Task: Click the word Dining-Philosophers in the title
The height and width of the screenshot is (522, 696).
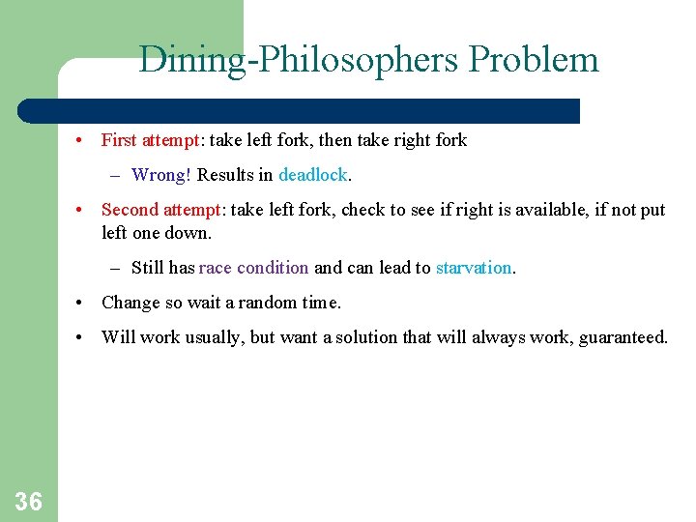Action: click(299, 60)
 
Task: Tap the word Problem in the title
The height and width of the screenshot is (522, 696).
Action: click(534, 60)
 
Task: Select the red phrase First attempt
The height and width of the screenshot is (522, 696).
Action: click(150, 140)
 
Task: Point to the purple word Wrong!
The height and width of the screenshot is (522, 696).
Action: click(161, 175)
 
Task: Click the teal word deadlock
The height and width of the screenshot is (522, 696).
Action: click(313, 175)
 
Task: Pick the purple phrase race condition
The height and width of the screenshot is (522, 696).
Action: click(254, 268)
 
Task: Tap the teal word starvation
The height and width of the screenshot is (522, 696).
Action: click(474, 268)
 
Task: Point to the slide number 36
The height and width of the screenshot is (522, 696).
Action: click(29, 500)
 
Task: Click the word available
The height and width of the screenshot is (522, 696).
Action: click(498, 210)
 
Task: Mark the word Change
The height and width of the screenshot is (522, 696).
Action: click(130, 303)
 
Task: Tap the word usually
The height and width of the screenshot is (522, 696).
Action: click(212, 337)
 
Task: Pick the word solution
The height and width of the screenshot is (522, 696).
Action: click(366, 337)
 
